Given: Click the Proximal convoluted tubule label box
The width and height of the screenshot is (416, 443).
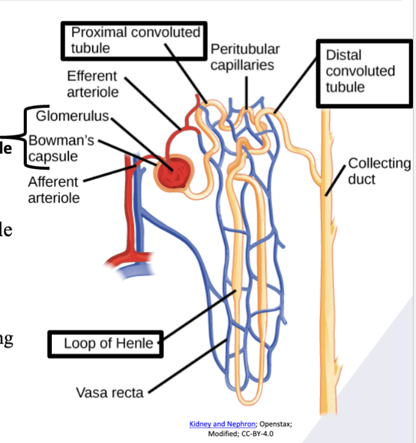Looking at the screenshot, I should point(132,40).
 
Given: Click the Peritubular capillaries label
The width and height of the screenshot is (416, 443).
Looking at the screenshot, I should point(245,57).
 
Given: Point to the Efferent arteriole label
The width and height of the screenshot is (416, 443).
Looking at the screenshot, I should point(93,84).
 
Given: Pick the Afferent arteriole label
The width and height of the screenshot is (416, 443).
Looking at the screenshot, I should point(54,190).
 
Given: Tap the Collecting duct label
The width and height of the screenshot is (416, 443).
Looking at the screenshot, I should point(379,171).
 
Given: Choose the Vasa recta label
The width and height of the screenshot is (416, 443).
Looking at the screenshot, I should point(110,392).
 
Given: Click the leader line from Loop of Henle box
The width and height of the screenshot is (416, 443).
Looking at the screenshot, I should point(198,317).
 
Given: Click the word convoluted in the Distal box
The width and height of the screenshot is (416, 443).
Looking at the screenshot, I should point(360,71).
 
